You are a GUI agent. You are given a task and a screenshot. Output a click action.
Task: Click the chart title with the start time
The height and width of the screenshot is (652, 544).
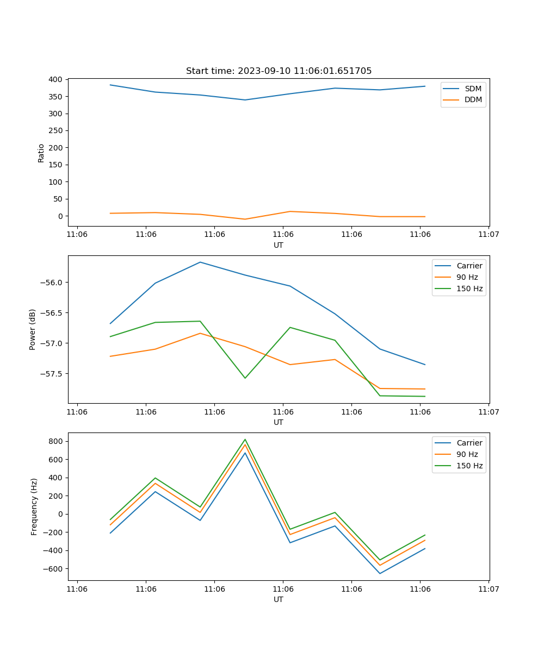pos(279,71)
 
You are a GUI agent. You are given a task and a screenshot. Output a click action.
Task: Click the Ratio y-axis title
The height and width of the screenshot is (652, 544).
pos(41,153)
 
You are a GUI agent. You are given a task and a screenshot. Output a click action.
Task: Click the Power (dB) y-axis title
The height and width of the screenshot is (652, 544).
pos(33,329)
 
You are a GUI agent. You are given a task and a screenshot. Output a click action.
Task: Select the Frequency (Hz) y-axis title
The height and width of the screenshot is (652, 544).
pos(34,506)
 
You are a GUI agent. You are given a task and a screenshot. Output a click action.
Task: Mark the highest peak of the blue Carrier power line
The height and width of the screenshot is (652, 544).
pos(200,262)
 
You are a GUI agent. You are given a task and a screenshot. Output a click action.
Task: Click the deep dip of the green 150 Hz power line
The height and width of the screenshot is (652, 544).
pos(245,378)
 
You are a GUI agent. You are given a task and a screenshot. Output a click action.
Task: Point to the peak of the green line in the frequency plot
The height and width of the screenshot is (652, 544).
pos(245,439)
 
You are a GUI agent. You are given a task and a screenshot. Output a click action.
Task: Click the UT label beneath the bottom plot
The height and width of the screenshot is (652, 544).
pos(279,599)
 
